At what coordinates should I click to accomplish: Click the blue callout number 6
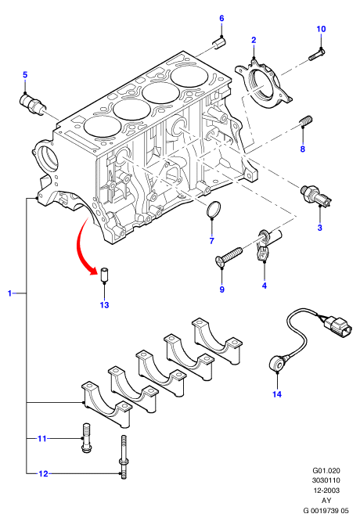click(221, 18)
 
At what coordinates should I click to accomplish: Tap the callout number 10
click(321, 29)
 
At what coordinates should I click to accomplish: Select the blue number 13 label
click(104, 304)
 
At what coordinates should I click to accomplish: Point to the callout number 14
click(277, 394)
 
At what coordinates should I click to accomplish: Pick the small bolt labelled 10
click(317, 54)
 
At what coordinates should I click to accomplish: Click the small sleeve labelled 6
click(219, 43)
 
